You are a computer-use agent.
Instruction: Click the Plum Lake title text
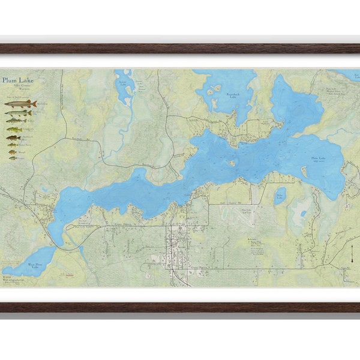[18, 79]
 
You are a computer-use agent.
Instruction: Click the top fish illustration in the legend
[21, 104]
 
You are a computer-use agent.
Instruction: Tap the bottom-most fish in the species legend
[13, 158]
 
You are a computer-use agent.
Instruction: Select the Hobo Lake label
[279, 194]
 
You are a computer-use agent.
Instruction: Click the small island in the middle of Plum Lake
[232, 163]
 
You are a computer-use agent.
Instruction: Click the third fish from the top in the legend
[17, 121]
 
